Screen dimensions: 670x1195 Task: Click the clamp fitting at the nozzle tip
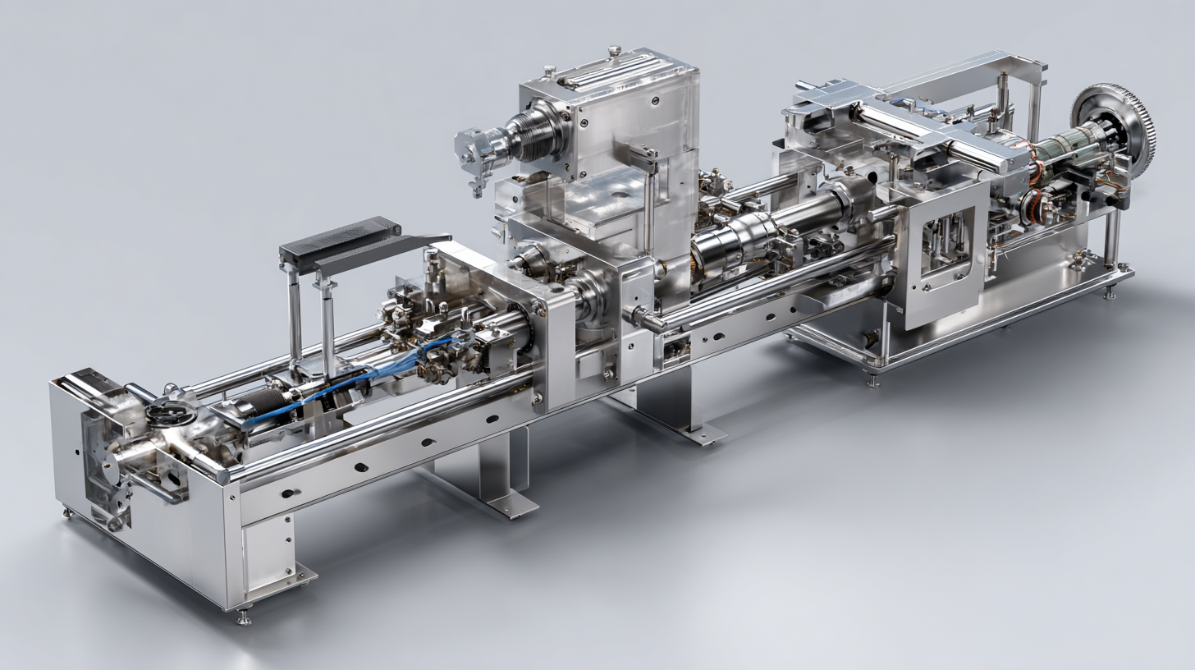(x=478, y=153)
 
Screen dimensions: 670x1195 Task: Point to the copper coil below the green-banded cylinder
(x=1036, y=202)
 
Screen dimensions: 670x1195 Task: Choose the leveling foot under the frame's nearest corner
(x=244, y=616)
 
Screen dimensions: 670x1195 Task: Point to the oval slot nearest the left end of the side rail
(x=287, y=493)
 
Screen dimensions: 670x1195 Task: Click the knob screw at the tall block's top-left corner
(x=548, y=71)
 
